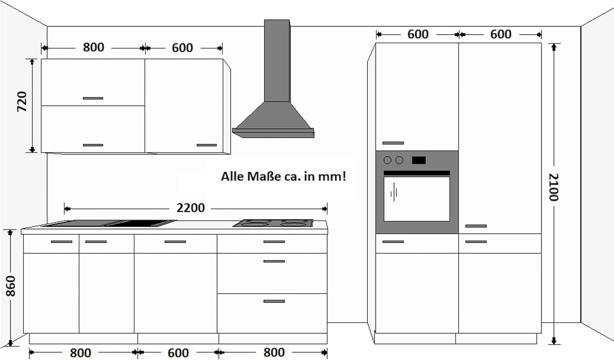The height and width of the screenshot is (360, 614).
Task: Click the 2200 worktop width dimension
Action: [190, 208]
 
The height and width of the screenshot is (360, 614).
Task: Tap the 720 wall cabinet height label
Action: [22, 102]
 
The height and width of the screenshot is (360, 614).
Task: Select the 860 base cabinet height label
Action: [11, 286]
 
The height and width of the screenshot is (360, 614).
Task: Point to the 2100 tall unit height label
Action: [553, 187]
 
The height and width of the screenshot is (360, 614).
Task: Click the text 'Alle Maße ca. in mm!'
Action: [283, 176]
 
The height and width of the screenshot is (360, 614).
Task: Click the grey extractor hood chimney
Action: [277, 60]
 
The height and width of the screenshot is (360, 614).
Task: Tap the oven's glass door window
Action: [416, 198]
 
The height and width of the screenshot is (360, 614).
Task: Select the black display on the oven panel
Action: [419, 160]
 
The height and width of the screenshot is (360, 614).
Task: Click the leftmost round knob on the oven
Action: [388, 160]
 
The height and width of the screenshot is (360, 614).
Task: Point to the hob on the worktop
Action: [273, 223]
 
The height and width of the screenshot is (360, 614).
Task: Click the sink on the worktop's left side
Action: [110, 224]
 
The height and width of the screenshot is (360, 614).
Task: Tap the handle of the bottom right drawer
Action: [274, 301]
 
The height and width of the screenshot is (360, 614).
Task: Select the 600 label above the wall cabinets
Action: [182, 48]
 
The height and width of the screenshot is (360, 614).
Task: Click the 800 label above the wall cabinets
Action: [93, 47]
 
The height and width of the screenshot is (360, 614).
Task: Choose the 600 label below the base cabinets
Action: [178, 353]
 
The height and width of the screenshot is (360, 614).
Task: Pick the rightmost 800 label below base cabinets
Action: [274, 352]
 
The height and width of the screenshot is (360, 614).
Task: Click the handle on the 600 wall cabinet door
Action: [207, 145]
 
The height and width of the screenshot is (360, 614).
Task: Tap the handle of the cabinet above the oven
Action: [393, 143]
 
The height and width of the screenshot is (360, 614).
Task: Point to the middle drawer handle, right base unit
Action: [274, 261]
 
